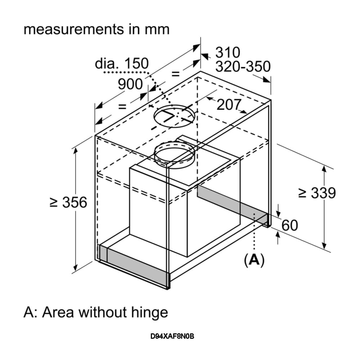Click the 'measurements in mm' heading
(96, 29)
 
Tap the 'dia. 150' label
(122, 64)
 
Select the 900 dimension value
(130, 84)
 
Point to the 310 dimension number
(228, 53)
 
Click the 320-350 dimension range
(243, 67)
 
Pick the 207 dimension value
(229, 104)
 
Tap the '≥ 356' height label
(68, 202)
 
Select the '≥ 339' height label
(317, 193)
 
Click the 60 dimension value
(290, 225)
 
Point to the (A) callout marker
(254, 260)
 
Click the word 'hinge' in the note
(150, 312)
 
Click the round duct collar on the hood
(174, 154)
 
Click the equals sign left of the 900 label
(122, 106)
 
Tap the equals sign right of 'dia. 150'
(175, 74)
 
